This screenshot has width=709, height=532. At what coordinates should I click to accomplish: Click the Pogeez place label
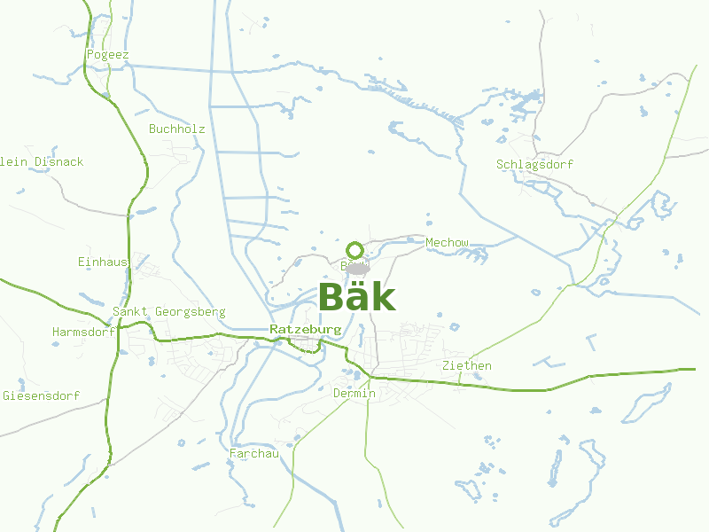click(x=108, y=55)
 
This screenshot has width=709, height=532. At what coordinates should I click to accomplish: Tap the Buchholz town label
click(x=176, y=129)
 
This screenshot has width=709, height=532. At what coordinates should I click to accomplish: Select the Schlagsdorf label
click(x=534, y=165)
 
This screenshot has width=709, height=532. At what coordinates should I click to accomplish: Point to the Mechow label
click(x=447, y=243)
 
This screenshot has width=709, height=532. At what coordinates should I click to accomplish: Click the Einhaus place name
click(x=104, y=262)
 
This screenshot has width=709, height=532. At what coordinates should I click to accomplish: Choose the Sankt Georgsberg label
click(x=168, y=312)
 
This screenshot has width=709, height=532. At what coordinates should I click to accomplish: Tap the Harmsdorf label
click(x=83, y=332)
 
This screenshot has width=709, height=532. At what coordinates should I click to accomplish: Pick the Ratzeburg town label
click(x=305, y=330)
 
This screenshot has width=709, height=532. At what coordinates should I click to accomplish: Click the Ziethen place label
click(x=466, y=366)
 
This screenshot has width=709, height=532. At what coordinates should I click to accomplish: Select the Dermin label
click(x=354, y=394)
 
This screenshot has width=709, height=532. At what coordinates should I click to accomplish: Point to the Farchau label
click(x=254, y=454)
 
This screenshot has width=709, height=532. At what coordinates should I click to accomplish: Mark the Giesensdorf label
click(x=42, y=395)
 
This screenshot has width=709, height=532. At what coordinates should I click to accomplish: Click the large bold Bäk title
click(x=356, y=297)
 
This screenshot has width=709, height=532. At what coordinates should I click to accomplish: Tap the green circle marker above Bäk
click(x=355, y=249)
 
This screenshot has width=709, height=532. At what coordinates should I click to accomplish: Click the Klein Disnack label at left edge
click(x=42, y=162)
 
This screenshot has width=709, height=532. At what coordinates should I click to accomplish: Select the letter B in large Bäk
click(x=331, y=297)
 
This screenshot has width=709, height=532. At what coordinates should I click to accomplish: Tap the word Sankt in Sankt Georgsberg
click(x=130, y=312)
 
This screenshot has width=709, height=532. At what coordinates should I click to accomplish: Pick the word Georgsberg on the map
click(x=190, y=312)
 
